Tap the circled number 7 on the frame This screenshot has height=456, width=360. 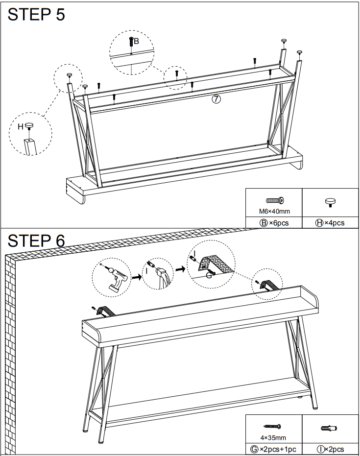pyautogui.click(x=216, y=99)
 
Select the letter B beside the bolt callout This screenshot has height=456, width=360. pyautogui.click(x=137, y=42)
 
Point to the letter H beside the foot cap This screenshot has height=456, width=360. pyautogui.click(x=20, y=126)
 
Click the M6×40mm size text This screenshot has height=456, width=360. pyautogui.click(x=274, y=212)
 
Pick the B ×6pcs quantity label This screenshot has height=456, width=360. pyautogui.click(x=274, y=223)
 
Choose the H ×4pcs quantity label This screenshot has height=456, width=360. pyautogui.click(x=330, y=223)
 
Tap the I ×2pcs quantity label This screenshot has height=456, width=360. pyautogui.click(x=330, y=449)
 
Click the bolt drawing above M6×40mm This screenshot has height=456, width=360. pyautogui.click(x=275, y=200)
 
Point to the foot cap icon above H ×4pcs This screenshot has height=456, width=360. pyautogui.click(x=331, y=201)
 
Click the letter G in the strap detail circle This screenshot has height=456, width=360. pyautogui.click(x=209, y=275)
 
